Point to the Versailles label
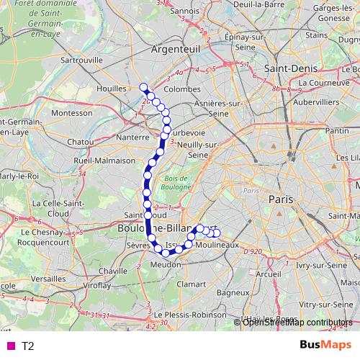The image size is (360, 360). coord(48,278)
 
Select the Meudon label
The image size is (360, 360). coord(164,264)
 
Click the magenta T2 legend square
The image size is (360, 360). coord(9,346)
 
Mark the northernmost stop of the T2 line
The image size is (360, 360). coord(143,88)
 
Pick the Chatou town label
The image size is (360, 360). coord(80,142)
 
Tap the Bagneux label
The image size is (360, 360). coord(233,293)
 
